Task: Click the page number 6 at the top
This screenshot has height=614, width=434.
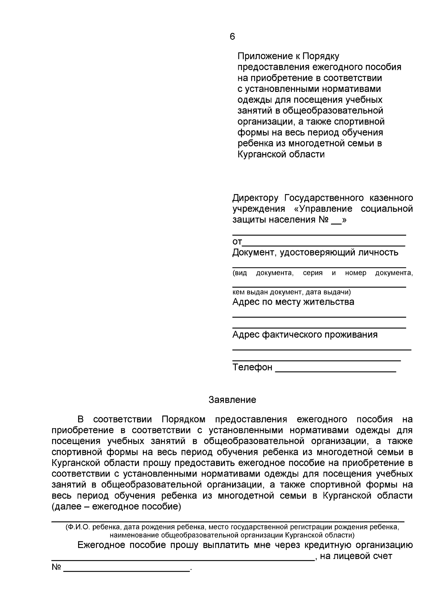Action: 232,37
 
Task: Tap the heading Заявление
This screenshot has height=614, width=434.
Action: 232,400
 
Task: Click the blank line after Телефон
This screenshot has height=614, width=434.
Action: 335,370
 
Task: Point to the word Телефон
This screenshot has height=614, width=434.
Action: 252,367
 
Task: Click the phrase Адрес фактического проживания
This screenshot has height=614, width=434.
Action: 305,335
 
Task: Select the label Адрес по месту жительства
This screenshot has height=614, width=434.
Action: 293,302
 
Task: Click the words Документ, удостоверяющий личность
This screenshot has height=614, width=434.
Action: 315,253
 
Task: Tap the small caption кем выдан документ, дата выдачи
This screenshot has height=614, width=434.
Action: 291,292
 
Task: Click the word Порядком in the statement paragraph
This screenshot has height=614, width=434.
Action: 183,420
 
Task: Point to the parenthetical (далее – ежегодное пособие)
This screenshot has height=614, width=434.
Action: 116,506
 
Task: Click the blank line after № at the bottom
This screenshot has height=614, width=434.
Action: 127,569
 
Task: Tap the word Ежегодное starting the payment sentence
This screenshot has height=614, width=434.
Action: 102,545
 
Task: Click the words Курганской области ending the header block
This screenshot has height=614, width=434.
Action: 281,154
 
